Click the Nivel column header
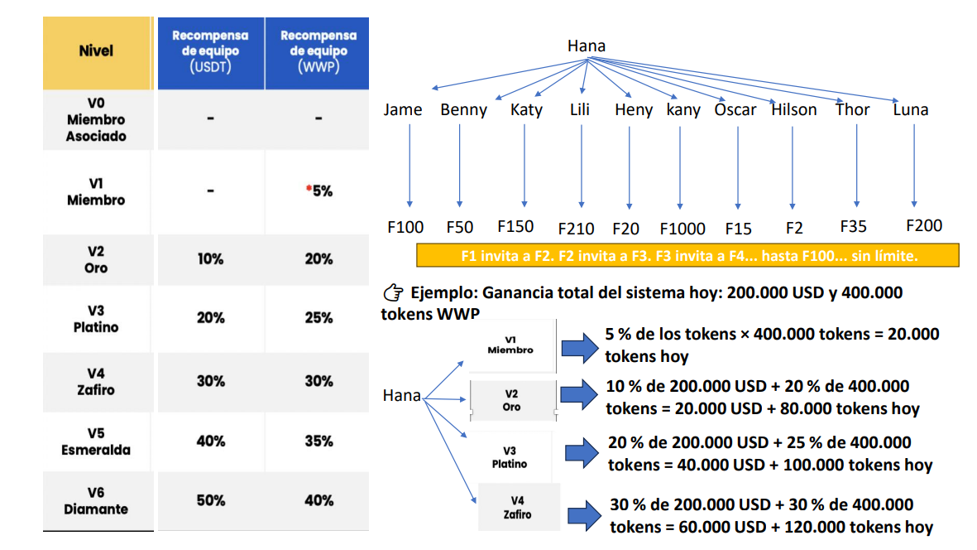pos(96,51)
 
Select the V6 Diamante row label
pos(96,500)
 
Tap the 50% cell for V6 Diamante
pos(210,500)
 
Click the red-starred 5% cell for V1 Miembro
pos(318,191)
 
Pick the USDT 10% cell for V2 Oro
pos(210,259)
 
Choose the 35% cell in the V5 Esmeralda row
pos(318,441)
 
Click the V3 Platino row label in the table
pos(96,319)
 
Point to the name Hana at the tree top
pos(586,46)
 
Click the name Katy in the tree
pos(526,109)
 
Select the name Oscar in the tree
pos(735,109)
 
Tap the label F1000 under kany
pos(682,229)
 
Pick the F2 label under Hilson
pos(794,229)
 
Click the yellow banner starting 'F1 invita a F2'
pos(688,256)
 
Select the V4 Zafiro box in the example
pos(517,507)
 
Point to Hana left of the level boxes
pos(401,395)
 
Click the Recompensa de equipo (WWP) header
pos(318,51)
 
